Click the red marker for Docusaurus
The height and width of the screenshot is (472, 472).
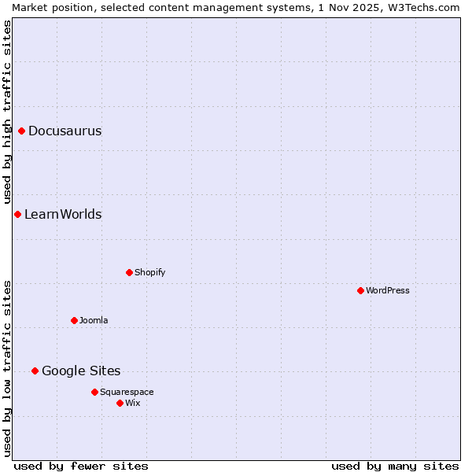pyautogui.click(x=22, y=131)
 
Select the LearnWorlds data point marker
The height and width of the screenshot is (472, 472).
pyautogui.click(x=17, y=214)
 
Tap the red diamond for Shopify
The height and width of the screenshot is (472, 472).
pyautogui.click(x=129, y=272)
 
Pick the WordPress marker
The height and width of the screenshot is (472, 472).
pyautogui.click(x=360, y=290)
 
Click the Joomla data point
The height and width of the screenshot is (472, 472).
pyautogui.click(x=74, y=320)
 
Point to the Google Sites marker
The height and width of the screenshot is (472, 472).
pyautogui.click(x=35, y=371)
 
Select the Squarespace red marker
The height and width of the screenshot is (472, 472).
pyautogui.click(x=94, y=392)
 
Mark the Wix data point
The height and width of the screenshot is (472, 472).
pyautogui.click(x=120, y=403)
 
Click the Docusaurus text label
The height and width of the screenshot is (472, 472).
pyautogui.click(x=65, y=131)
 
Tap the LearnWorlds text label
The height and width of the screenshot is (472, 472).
pyautogui.click(x=63, y=214)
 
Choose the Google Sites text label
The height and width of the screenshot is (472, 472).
pyautogui.click(x=81, y=371)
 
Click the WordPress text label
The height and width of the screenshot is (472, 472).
pyautogui.click(x=388, y=290)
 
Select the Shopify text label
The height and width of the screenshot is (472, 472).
pyautogui.click(x=149, y=272)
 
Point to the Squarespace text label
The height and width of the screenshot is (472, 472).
pyautogui.click(x=127, y=392)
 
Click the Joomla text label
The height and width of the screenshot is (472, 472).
pyautogui.click(x=94, y=320)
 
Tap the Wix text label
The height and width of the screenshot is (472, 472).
pyautogui.click(x=133, y=403)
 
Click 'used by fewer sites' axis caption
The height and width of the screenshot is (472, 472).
pyautogui.click(x=81, y=466)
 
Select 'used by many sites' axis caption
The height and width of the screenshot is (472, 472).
pyautogui.click(x=395, y=466)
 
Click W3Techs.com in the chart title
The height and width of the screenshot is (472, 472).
pyautogui.click(x=422, y=7)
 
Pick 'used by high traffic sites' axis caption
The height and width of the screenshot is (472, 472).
pyautogui.click(x=7, y=112)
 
